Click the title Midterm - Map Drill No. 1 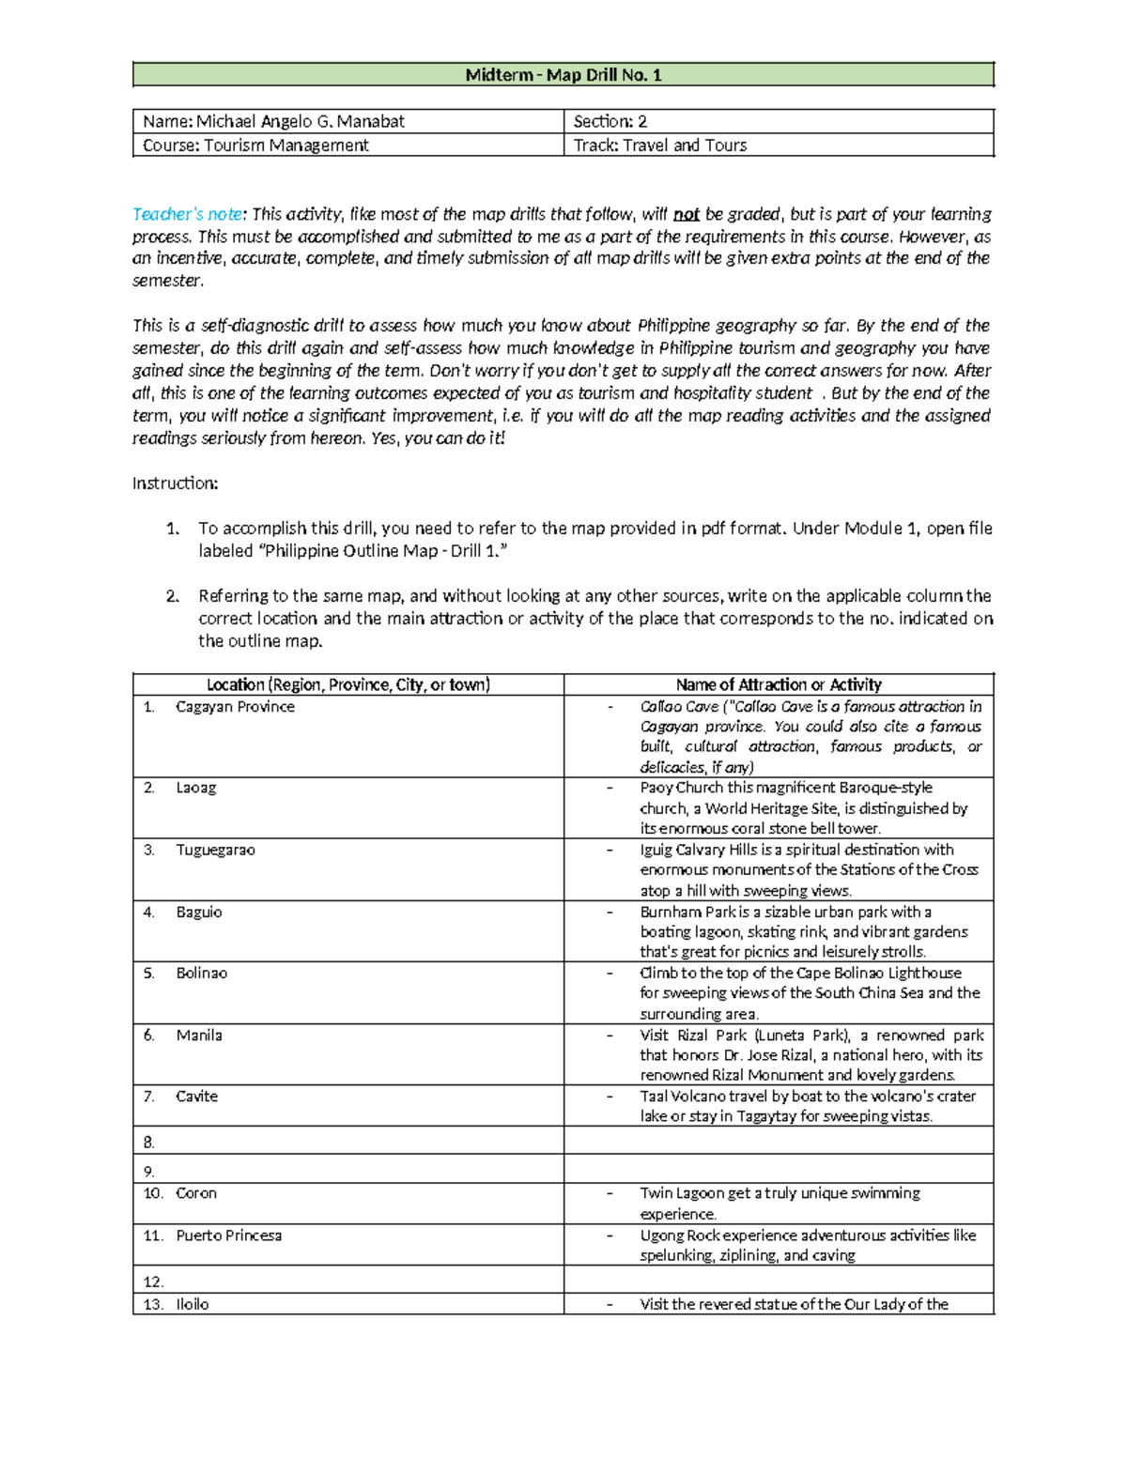(563, 75)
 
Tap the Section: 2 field (610, 121)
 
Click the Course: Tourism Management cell (255, 145)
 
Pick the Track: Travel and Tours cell (660, 145)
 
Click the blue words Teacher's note (187, 214)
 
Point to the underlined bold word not (686, 214)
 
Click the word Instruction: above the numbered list (175, 483)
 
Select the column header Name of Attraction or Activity (779, 684)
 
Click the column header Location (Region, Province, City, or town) (348, 684)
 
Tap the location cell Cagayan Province (235, 707)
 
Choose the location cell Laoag (195, 788)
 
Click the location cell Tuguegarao (215, 850)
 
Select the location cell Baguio (199, 912)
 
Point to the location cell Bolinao (201, 973)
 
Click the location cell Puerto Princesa (228, 1235)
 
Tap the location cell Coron (195, 1193)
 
